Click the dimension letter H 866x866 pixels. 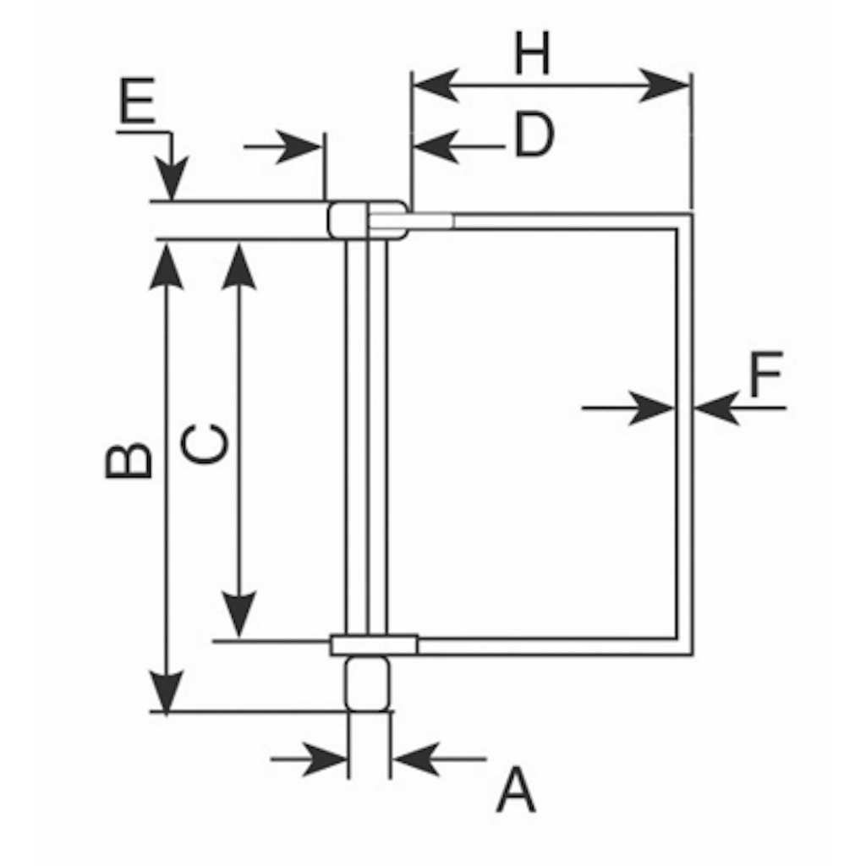533,56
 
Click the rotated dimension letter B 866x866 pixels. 129,460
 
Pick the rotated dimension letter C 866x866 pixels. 206,443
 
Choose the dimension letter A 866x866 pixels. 516,791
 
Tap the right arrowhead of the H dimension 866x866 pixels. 667,85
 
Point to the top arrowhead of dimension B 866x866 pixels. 167,266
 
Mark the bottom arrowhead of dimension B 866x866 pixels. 167,689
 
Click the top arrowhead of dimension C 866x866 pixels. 241,266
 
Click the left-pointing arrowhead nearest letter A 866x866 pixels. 418,759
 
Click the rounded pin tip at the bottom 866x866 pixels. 369,683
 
